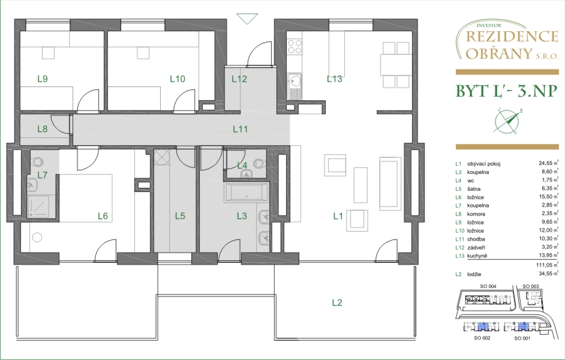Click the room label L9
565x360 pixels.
click(43, 79)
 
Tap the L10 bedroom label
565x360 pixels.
click(178, 79)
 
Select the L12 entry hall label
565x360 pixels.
click(239, 79)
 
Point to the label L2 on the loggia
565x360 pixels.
click(337, 302)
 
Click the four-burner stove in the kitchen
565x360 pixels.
click(294, 46)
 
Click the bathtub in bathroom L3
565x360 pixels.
click(247, 193)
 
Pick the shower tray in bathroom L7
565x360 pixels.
click(41, 207)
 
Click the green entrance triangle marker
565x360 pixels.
click(247, 19)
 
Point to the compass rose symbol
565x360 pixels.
click(507, 121)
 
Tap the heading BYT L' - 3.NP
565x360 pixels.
click(507, 91)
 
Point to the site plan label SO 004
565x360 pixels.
click(488, 286)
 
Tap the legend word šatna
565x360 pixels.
click(474, 189)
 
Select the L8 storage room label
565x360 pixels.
click(43, 128)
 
